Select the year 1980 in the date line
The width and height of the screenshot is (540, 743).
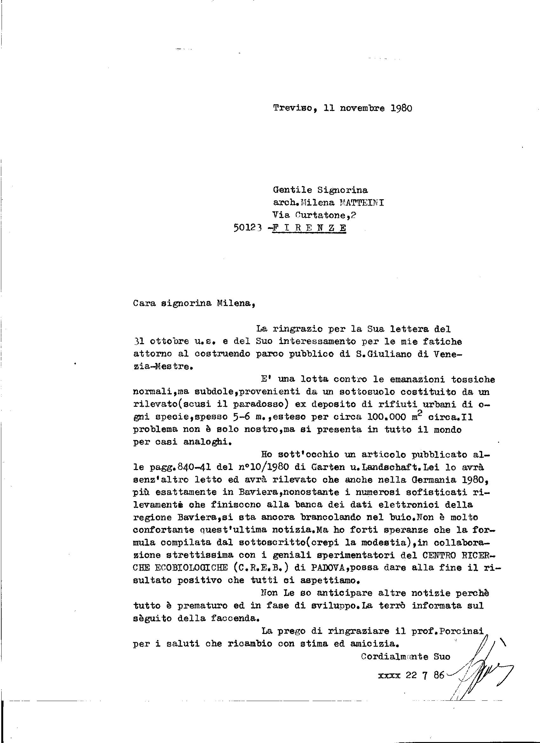coord(401,108)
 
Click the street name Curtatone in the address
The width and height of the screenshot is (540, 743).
coord(321,215)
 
